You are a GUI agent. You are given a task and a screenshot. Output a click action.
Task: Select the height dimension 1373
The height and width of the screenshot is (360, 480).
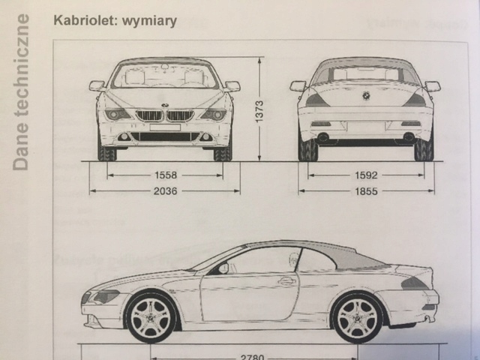(259, 112)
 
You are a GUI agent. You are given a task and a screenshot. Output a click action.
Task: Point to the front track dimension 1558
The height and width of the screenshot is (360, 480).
(165, 175)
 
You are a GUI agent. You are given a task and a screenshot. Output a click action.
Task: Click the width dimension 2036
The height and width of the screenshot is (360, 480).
(165, 191)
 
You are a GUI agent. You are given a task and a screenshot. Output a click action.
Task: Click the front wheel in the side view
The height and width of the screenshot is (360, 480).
(152, 316)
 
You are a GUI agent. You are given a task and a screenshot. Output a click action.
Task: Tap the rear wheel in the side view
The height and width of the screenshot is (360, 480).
(357, 316)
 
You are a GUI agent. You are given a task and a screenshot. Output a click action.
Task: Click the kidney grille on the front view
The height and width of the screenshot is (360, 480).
(165, 116)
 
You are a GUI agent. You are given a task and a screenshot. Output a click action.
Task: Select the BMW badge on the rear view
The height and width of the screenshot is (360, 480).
(366, 95)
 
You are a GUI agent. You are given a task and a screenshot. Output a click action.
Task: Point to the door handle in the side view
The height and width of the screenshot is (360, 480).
(286, 281)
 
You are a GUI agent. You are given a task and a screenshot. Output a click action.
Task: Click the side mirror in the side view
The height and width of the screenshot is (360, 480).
(223, 268)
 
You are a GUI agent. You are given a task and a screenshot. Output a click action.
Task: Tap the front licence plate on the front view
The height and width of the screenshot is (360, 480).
(165, 128)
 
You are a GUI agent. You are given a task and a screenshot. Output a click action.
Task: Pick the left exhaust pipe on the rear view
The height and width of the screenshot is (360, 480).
(323, 138)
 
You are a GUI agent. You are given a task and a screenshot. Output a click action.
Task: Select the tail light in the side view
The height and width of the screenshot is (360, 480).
(414, 283)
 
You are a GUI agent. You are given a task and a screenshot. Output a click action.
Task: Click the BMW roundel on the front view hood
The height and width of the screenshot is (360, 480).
(165, 103)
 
